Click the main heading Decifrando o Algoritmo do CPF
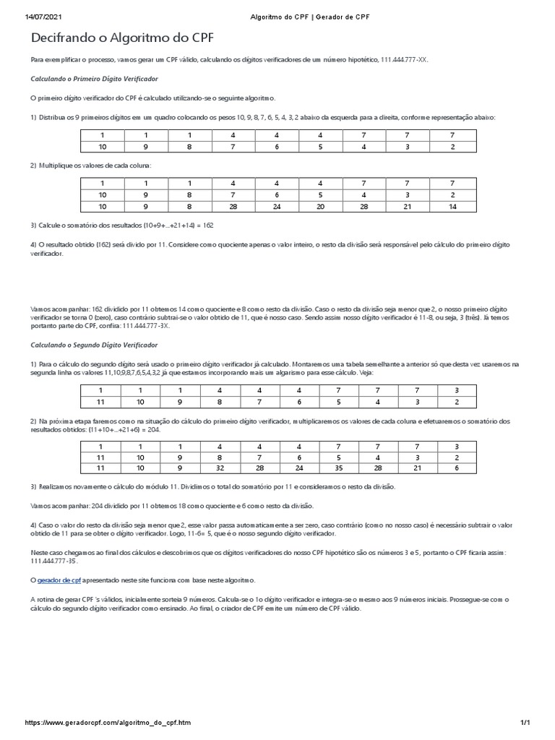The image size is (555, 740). [122, 39]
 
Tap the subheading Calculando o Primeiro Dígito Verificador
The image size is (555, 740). [94, 79]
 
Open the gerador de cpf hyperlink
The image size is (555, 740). [57, 580]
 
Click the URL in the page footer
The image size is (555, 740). [108, 722]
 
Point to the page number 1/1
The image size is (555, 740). [525, 722]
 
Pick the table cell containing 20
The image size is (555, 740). [321, 207]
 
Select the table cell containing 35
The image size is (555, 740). [321, 467]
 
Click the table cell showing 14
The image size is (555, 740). [452, 207]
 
